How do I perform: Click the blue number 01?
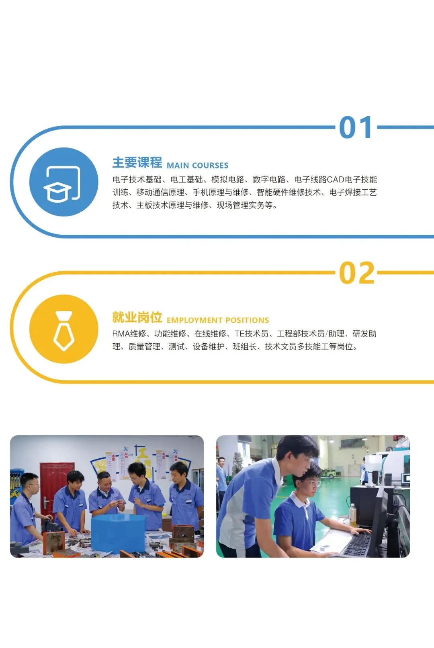[356, 127]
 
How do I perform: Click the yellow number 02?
[357, 273]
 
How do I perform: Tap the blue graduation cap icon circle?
[63, 182]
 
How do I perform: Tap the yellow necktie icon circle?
[63, 329]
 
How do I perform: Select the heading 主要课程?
[137, 162]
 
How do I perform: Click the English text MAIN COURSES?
[197, 166]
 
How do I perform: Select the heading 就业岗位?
[137, 317]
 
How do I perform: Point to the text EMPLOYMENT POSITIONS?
[218, 320]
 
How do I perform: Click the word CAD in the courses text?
[336, 180]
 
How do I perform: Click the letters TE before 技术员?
[240, 334]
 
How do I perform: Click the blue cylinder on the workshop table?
[118, 533]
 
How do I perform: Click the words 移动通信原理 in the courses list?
[160, 193]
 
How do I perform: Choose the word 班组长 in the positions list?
[245, 347]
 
